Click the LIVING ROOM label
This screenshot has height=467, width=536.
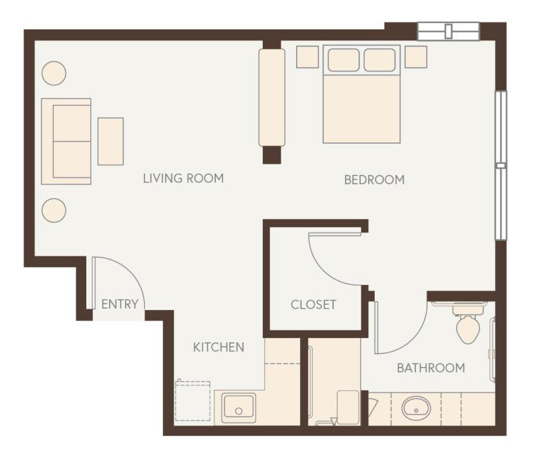pos(183,178)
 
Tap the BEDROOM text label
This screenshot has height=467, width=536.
pos(374,180)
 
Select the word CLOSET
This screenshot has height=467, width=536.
pos(313,305)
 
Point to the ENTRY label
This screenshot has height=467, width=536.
pos(120,304)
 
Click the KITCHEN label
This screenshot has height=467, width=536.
pos(219,348)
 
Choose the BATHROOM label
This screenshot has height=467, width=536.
pos(430,368)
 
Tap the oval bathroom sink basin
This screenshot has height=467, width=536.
pos(416,407)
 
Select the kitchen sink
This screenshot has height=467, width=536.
pos(239,407)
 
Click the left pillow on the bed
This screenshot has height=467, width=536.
pos(343,60)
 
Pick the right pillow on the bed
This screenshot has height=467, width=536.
pos(379,60)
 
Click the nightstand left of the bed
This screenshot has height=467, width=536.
pos(308,57)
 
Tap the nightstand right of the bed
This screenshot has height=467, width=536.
pos(416,56)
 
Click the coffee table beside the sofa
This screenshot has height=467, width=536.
pos(111,141)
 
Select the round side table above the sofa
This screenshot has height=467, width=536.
pos(54,73)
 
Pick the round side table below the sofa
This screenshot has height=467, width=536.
pos(54,210)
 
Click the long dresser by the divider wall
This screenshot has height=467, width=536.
pos(272,97)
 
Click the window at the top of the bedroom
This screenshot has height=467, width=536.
pos(448,31)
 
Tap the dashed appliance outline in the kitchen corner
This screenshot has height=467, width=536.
pos(193,401)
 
